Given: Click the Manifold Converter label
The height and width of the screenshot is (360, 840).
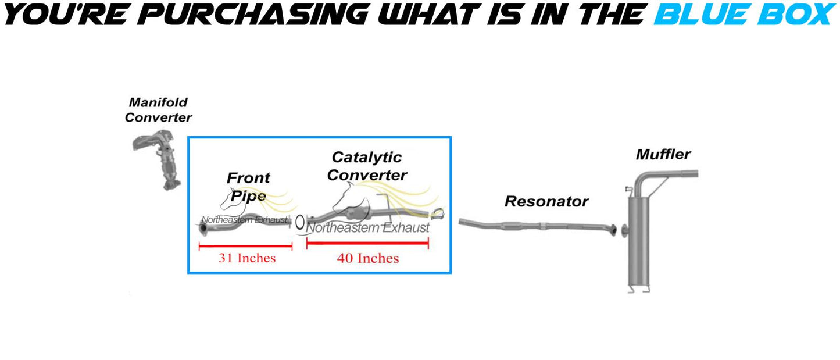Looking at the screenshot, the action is click(158, 110).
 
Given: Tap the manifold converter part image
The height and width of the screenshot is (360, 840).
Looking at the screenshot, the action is click(157, 159).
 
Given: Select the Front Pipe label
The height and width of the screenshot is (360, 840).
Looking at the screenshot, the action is click(248, 187).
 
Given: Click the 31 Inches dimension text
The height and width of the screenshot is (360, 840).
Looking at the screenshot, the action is click(247, 258).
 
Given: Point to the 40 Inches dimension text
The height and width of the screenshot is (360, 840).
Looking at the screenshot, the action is click(368, 258).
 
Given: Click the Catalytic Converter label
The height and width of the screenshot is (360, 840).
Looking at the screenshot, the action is click(367, 166).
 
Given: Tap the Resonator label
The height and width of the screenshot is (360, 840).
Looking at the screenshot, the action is click(546, 201).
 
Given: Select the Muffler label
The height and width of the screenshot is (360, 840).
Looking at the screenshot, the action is click(663, 154).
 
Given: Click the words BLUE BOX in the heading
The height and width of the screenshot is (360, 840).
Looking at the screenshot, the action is click(745, 15).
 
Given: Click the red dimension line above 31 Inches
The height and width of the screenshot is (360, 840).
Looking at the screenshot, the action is click(246, 247).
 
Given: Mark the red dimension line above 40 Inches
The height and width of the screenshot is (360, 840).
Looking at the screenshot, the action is click(367, 243).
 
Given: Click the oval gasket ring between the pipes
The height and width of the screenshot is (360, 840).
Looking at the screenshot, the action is click(299, 222).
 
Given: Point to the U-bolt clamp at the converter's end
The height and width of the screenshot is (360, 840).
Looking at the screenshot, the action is click(437, 214).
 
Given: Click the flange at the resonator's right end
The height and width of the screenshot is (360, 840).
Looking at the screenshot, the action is click(613, 230).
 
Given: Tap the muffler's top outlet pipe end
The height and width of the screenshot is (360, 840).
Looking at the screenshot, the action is click(695, 174).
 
